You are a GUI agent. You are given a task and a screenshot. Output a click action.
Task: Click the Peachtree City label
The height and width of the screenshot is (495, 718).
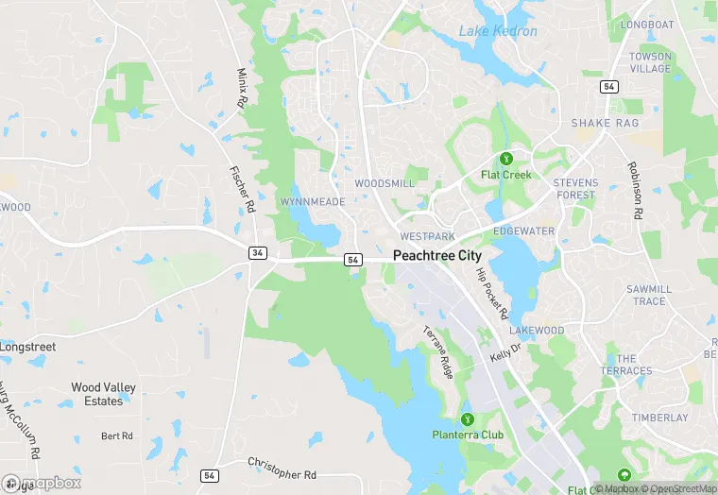click(x=436, y=256)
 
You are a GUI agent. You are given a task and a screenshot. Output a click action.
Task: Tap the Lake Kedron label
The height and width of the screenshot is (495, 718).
click(x=498, y=31)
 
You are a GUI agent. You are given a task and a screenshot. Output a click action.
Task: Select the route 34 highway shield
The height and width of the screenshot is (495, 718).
click(x=257, y=253)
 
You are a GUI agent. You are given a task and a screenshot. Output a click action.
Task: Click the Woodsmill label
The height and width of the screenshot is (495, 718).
click(x=384, y=183)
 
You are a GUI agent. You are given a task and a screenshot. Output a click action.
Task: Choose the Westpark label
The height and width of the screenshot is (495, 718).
click(x=427, y=235)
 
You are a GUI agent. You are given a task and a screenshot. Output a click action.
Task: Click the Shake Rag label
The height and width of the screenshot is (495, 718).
click(x=605, y=124)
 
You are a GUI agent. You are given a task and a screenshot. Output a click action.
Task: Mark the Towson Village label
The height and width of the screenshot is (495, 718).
click(x=650, y=63)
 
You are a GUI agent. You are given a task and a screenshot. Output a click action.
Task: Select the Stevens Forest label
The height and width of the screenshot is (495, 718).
click(x=575, y=188)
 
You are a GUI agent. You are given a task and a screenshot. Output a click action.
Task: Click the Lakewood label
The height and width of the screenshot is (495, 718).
click(x=537, y=331)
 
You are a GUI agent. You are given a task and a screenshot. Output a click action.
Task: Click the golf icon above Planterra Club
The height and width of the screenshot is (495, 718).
click(x=466, y=418)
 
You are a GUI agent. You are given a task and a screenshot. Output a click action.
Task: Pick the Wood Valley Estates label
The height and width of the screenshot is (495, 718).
click(x=104, y=394)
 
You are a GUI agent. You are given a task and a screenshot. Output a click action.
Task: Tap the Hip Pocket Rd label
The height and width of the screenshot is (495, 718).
click(x=492, y=293)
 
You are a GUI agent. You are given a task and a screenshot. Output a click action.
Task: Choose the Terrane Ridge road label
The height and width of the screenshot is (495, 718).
click(x=438, y=351)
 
